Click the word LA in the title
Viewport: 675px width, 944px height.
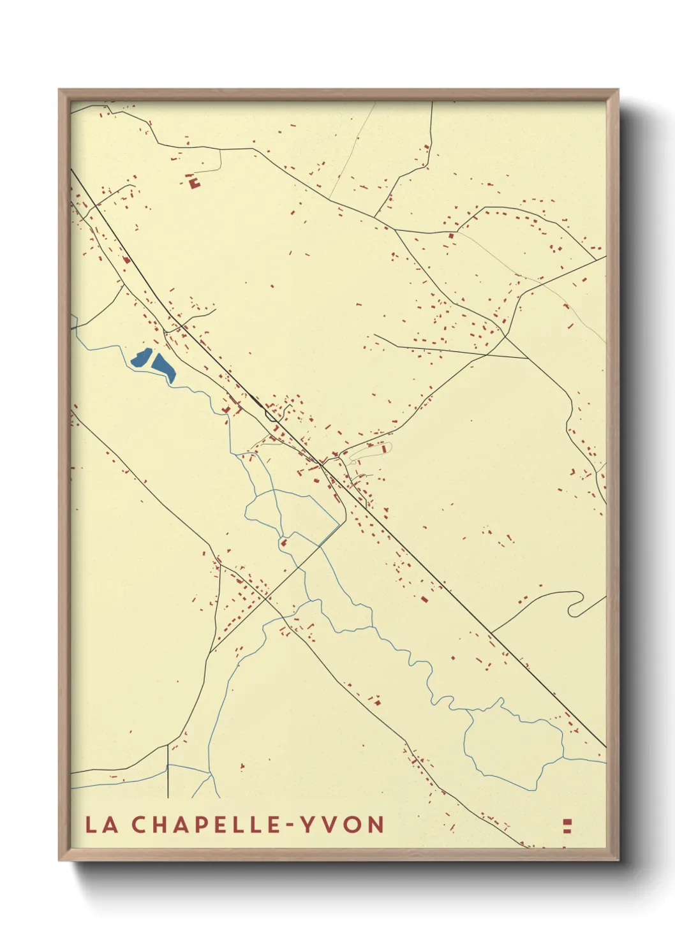(102, 824)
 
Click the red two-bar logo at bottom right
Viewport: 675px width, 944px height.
(567, 826)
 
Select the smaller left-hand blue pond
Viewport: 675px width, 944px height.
(140, 358)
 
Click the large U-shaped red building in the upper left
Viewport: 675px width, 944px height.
(194, 183)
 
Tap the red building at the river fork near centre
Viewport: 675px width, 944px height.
(283, 543)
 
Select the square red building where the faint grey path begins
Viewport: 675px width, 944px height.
(451, 236)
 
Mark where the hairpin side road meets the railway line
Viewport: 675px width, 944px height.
(491, 632)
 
